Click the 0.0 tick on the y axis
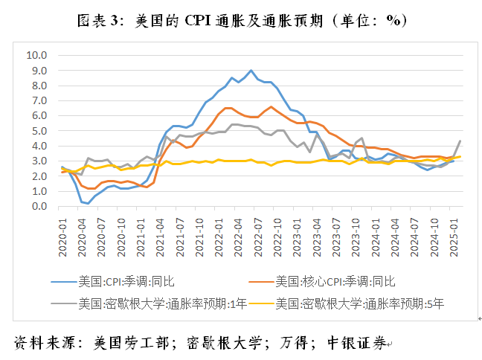38,206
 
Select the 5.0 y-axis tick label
38,131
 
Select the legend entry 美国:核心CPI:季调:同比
335,281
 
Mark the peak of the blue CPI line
251,71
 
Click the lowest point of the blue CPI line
88,203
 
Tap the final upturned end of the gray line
460,141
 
